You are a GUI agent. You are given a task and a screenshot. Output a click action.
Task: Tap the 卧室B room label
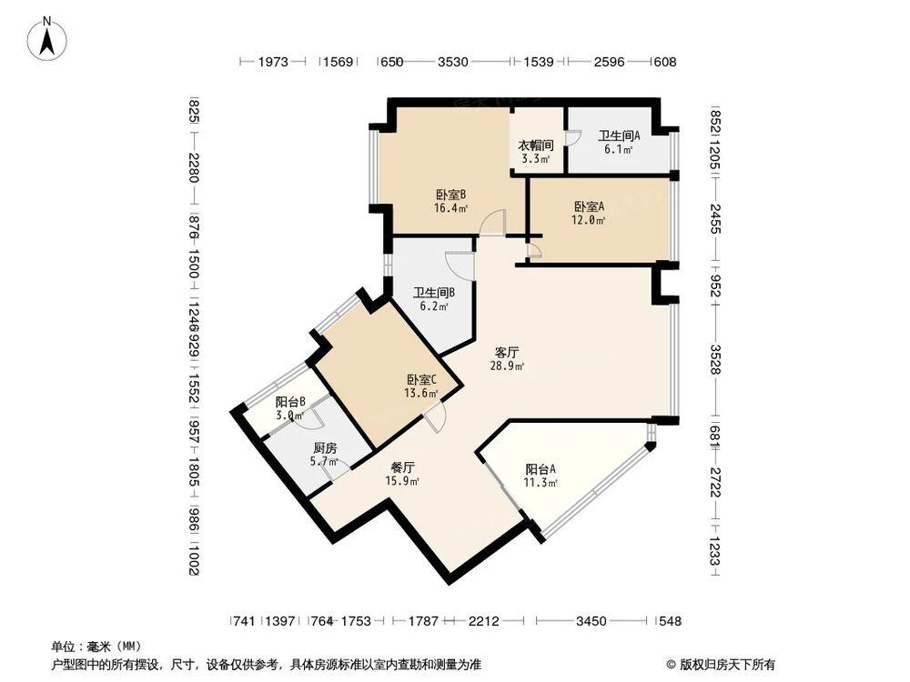pos(450,194)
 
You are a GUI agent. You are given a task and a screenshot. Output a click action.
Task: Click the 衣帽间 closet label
pos(536,145)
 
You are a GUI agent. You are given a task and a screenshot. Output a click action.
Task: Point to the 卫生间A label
pos(619,135)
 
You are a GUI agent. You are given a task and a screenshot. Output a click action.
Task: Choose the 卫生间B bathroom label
pos(433,293)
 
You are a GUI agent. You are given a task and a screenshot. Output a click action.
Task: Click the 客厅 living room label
pos(507,351)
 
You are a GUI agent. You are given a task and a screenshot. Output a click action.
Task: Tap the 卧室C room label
pos(421,380)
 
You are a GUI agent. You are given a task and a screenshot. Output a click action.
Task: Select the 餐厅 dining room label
pos(400,466)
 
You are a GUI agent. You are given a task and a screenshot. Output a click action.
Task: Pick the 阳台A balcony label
pos(541,469)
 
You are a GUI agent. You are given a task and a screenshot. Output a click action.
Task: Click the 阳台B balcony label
pos(290,401)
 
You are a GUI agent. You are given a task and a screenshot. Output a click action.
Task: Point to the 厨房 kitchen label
pos(325,448)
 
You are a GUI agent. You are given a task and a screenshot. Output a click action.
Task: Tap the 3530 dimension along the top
pos(452,62)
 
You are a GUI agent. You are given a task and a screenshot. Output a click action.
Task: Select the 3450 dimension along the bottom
pos(591,621)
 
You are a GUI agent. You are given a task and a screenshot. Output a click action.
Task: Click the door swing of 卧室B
pos(493,223)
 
